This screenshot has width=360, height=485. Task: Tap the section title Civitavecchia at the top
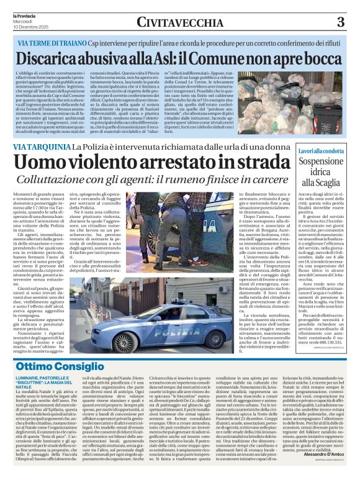pos(180,22)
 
